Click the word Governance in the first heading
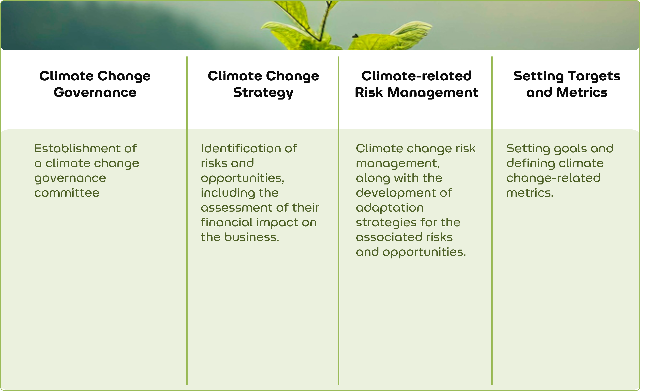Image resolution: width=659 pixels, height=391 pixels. point(95,92)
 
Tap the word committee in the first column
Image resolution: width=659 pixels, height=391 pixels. point(67,193)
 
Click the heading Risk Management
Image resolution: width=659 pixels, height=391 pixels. point(417,92)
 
